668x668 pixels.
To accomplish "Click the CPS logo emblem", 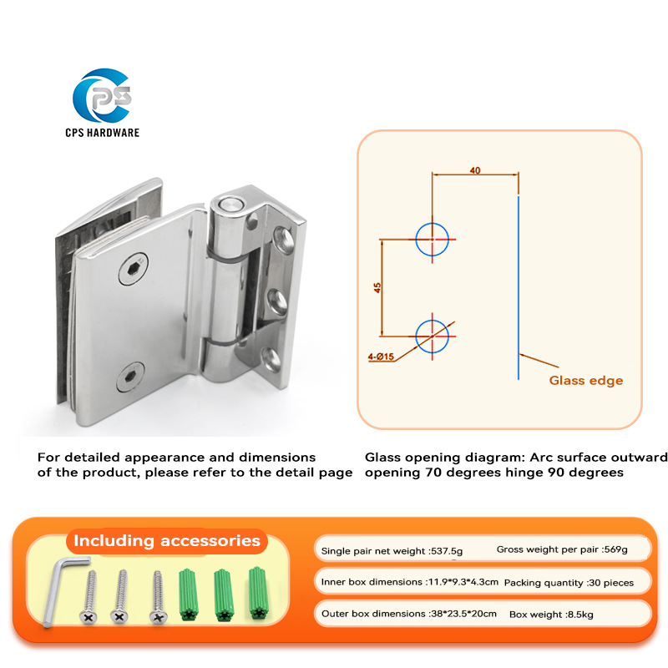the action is pos(102,95).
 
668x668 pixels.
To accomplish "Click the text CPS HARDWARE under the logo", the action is pos(102,133).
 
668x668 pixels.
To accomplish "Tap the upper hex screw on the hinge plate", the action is pos(133,269).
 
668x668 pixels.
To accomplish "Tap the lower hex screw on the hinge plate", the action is pos(130,377).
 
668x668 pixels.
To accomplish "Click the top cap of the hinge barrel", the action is pos(230,205).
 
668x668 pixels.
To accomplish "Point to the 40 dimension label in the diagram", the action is pos(475,170).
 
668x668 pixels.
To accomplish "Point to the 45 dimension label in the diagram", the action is pos(377,287).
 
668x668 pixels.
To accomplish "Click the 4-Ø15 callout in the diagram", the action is pos(381,357).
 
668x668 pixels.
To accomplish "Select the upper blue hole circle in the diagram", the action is pos(433,223).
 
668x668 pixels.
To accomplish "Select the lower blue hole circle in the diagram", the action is pos(433,320).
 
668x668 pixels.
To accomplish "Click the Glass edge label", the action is pos(586,381).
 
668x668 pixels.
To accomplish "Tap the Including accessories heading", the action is pos(167,540).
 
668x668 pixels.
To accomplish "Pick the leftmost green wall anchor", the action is pos(188,595).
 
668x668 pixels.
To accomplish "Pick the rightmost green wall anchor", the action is pos(257,593).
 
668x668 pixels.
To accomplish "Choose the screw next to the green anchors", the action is pos(158,597).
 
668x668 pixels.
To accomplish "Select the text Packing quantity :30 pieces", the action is pos(569,583).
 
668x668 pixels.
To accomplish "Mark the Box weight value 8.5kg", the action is pos(580,615).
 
